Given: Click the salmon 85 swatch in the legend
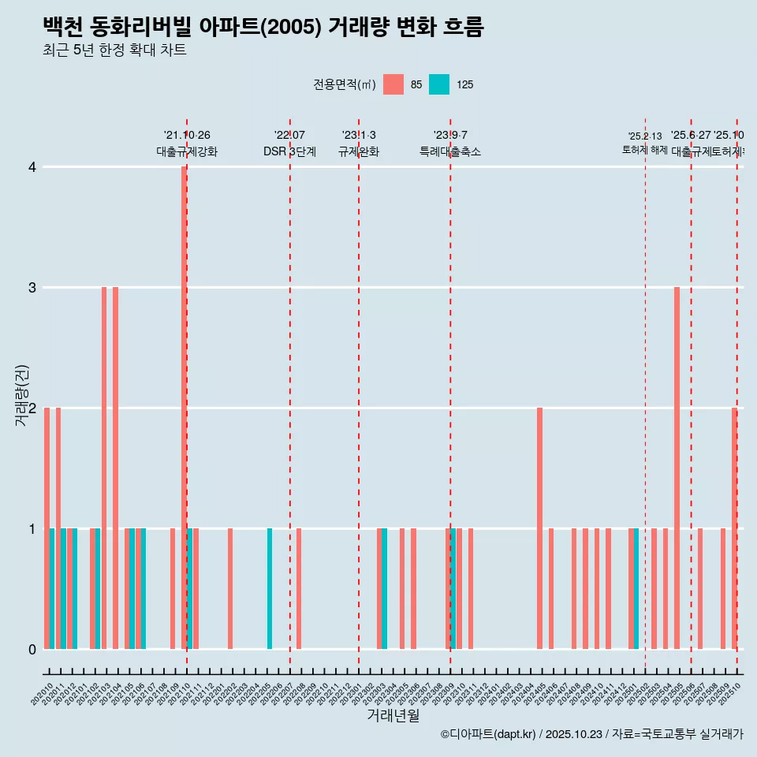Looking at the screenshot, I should (393, 84).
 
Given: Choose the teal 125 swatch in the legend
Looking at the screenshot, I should (439, 84).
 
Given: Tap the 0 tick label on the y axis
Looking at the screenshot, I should (32, 649).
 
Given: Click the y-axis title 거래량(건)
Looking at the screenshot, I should (21, 396).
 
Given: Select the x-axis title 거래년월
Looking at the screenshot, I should (393, 715).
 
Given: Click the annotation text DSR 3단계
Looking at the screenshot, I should (289, 151).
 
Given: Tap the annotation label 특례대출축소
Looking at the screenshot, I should (449, 151).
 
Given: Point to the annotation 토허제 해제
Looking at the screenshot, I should (644, 149).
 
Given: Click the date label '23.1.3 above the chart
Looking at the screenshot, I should (359, 135).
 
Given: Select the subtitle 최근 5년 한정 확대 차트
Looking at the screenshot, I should (114, 50).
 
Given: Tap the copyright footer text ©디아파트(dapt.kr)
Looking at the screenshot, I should (489, 734).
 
